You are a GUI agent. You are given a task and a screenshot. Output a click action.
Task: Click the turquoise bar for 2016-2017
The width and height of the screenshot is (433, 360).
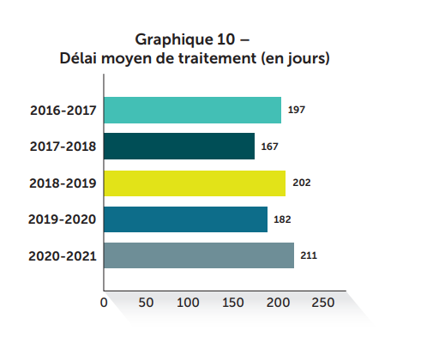pyautogui.click(x=193, y=111)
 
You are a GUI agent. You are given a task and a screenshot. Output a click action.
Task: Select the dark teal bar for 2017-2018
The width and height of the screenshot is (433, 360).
pyautogui.click(x=179, y=147)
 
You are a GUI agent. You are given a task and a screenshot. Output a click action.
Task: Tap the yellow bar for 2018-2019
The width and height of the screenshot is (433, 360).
pyautogui.click(x=195, y=183)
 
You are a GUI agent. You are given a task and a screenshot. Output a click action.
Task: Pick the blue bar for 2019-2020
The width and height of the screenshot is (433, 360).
pyautogui.click(x=185, y=219)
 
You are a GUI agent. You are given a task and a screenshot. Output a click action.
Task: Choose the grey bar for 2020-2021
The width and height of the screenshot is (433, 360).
pyautogui.click(x=199, y=255)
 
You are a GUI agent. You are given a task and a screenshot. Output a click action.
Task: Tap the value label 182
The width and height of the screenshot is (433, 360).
pyautogui.click(x=282, y=219)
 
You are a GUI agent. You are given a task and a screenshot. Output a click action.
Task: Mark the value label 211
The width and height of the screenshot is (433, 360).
pyautogui.click(x=309, y=255)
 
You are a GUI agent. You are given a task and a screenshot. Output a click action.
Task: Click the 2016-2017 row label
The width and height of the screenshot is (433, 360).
pyautogui.click(x=63, y=111)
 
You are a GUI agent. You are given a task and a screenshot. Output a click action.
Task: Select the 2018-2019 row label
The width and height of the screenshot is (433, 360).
pyautogui.click(x=63, y=183)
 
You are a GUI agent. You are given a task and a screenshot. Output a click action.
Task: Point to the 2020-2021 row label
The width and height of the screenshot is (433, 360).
pyautogui.click(x=63, y=255)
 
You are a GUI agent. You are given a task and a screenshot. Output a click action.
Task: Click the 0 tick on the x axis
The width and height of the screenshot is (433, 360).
pyautogui.click(x=104, y=303)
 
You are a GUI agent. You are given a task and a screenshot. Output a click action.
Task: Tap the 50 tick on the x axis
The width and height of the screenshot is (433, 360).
pyautogui.click(x=146, y=303)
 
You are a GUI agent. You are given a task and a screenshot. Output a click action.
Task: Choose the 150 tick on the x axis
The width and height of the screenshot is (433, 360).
pyautogui.click(x=233, y=303)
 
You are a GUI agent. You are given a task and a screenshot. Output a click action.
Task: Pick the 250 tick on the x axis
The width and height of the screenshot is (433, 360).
pyautogui.click(x=322, y=303)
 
